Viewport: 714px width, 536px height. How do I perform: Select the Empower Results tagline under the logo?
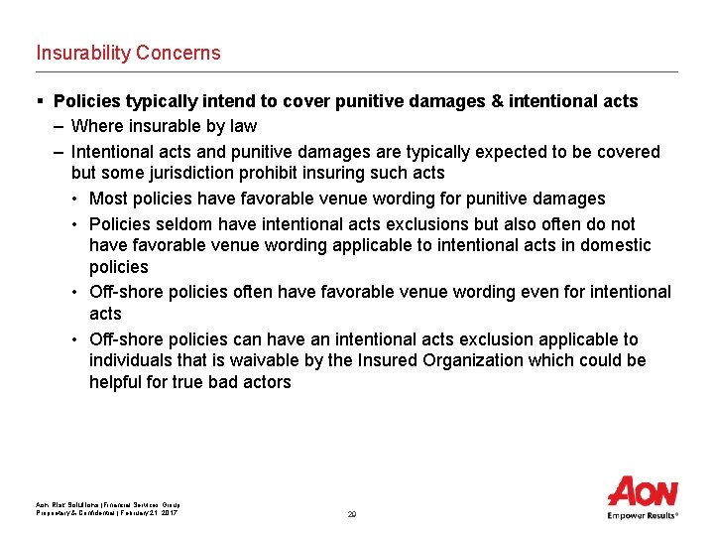(643, 515)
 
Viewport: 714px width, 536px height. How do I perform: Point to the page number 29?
(352, 514)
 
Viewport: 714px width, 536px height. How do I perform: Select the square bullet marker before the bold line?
(40, 101)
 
